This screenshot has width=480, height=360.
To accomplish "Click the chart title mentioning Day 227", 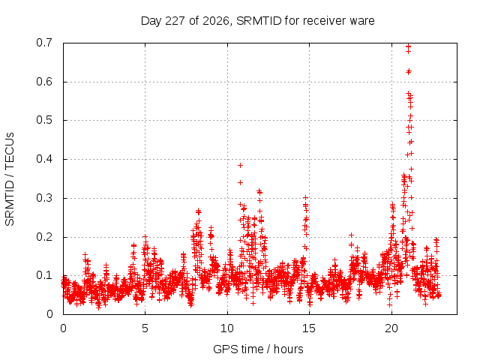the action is point(257,21).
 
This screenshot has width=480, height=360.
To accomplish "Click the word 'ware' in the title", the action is point(362,21).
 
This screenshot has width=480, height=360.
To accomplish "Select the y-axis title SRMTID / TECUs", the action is point(10,179).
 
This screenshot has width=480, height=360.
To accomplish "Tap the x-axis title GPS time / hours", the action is point(258,349).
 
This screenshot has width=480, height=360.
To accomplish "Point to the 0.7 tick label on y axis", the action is point(44,43).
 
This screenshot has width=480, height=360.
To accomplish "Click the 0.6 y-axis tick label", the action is point(44,82).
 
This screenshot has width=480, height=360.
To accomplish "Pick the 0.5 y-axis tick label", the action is point(44,120).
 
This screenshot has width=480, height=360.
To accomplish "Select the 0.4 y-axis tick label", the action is point(44,159).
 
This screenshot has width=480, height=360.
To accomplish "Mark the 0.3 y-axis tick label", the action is point(44,198).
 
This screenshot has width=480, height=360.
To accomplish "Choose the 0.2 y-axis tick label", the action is point(44,237).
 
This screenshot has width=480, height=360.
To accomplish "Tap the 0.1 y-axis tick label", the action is point(44,275).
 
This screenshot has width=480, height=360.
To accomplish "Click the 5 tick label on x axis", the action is point(145,328).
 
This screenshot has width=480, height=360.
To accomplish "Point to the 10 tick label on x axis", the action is point(227,328).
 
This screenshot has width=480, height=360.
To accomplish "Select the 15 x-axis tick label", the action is point(309,328).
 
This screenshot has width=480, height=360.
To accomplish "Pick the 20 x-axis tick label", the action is point(391,328).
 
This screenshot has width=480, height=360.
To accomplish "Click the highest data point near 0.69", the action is point(408,46).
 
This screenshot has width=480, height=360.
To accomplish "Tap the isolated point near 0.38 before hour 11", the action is point(240,165).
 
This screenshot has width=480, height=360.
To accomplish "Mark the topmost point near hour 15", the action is point(305,198).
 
